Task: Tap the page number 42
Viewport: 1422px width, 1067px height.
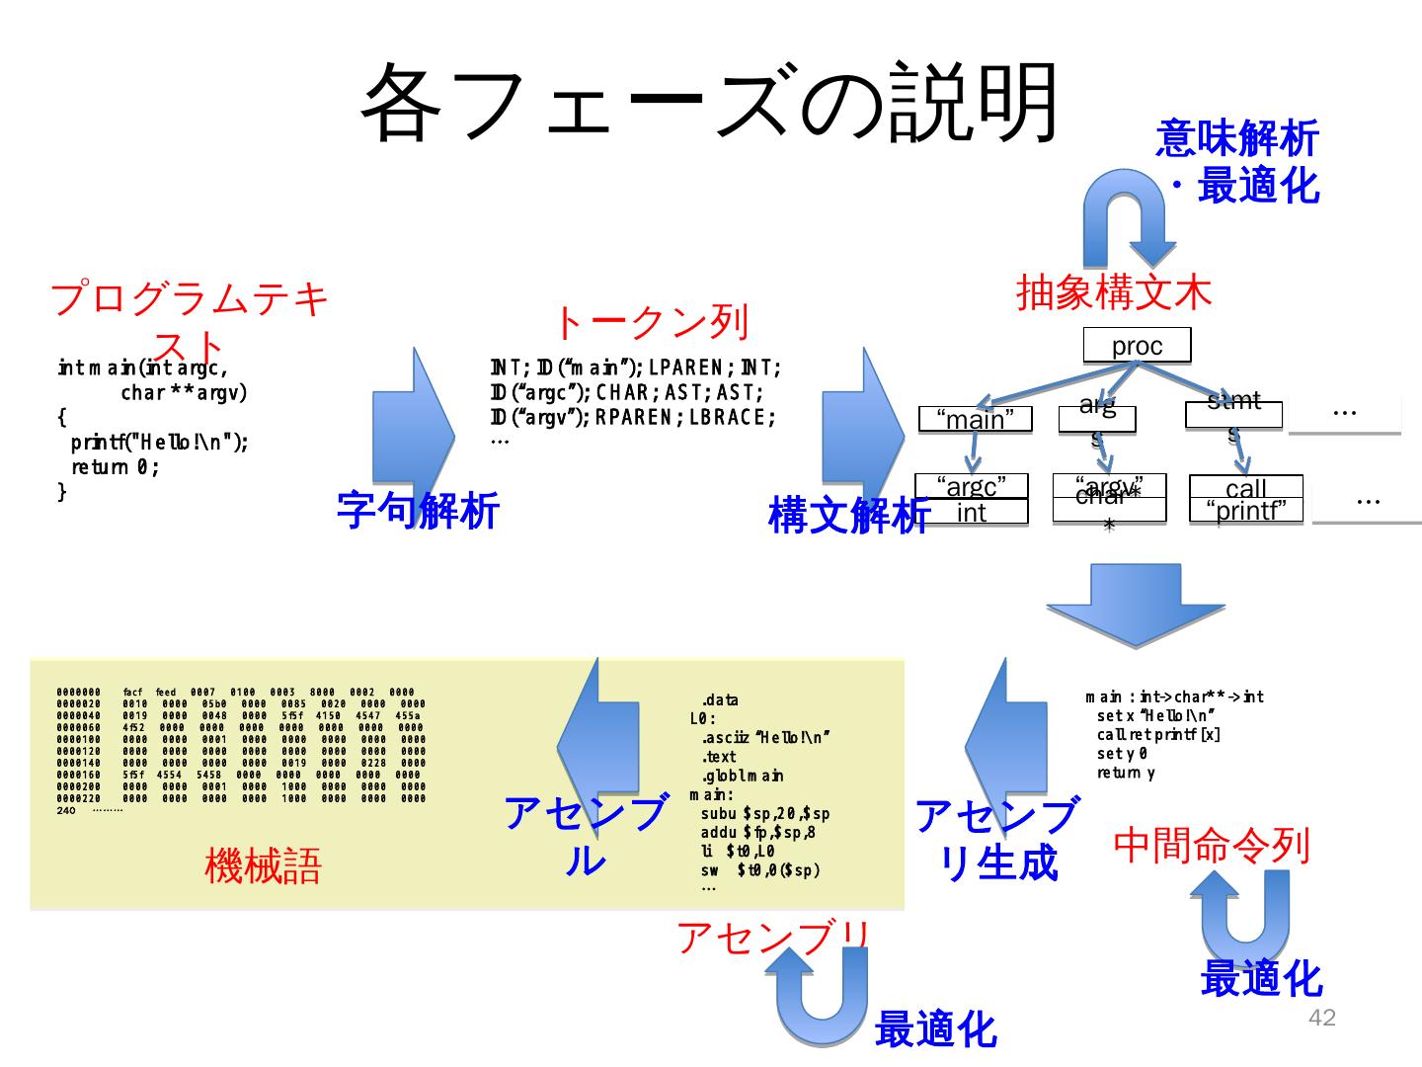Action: coord(1321,1019)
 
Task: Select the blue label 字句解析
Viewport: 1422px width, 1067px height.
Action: coord(418,510)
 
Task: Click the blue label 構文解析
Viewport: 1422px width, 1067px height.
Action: coord(849,514)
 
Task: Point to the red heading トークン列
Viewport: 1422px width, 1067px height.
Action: coord(650,322)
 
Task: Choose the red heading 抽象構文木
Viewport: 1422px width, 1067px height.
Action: coord(1114,292)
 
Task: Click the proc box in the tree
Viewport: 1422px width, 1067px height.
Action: coord(1137,346)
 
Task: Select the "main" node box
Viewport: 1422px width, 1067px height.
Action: coord(975,420)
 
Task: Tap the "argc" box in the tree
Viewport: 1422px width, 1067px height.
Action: coord(971,487)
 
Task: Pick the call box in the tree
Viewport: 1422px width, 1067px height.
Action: coord(1245,487)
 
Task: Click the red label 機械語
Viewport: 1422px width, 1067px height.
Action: coord(263,866)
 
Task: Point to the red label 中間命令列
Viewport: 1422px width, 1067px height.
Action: coord(1212,845)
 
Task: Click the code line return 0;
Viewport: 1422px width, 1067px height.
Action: coord(115,467)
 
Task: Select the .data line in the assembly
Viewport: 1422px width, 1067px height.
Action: coord(720,700)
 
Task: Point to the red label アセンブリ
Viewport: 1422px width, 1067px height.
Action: coord(773,938)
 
